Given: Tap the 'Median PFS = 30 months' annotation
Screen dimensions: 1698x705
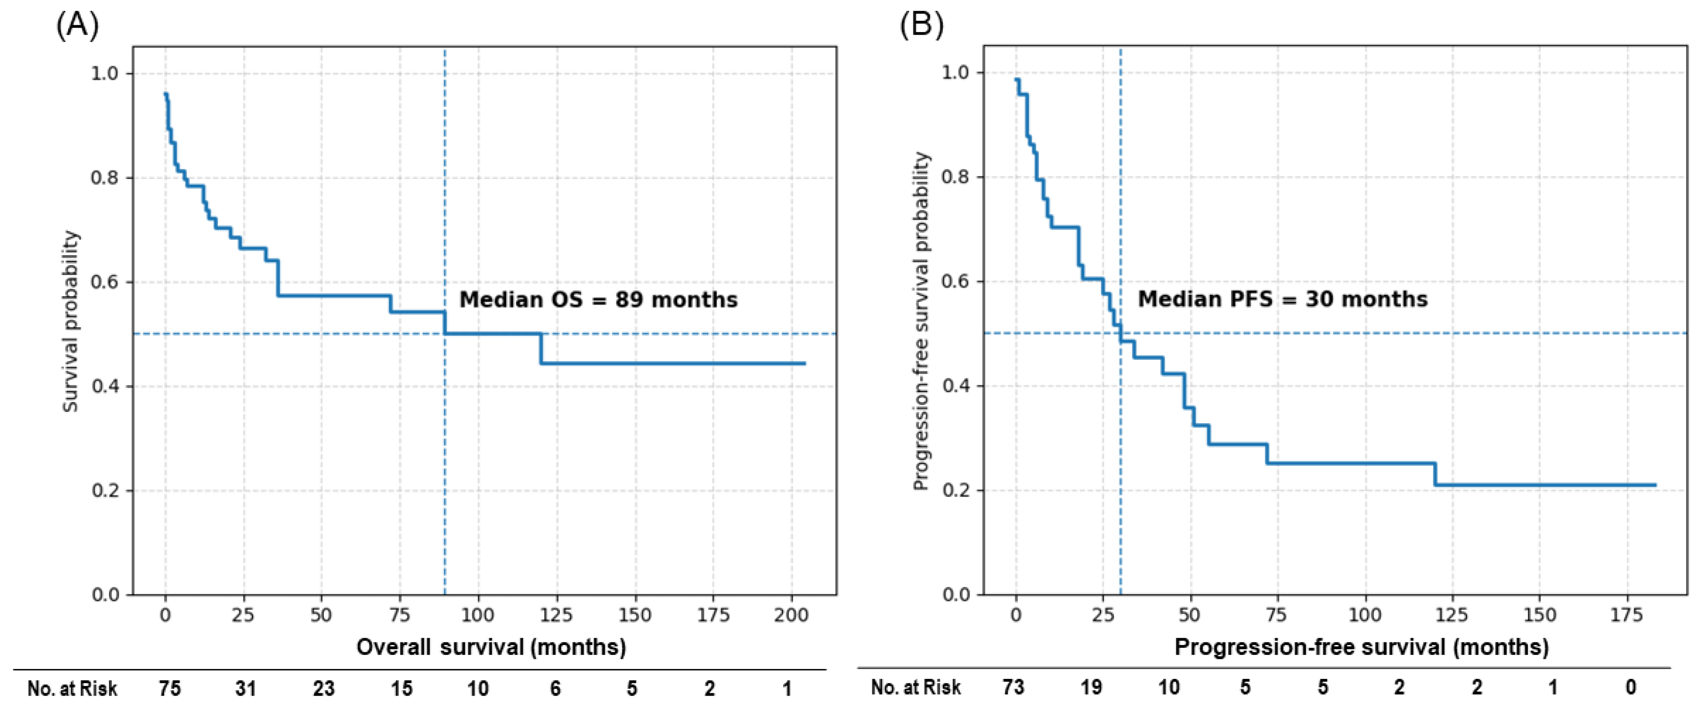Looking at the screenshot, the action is click(x=1283, y=299).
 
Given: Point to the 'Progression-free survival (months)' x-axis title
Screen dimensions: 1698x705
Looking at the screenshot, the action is click(x=1362, y=647).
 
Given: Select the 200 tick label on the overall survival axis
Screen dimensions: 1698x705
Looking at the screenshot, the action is click(x=791, y=615).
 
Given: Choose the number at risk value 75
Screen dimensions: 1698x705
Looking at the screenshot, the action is click(x=170, y=688).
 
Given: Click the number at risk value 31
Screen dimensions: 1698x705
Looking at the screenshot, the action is click(x=246, y=688).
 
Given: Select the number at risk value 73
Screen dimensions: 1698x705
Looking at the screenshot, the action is click(x=1013, y=687).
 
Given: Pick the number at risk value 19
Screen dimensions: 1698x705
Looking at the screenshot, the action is click(x=1091, y=687).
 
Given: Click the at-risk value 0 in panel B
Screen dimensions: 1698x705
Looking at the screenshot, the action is click(x=1631, y=687).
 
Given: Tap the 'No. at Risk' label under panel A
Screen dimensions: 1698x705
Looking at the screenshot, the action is click(x=73, y=688).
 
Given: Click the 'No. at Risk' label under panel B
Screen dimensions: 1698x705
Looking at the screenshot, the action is click(x=916, y=687).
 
